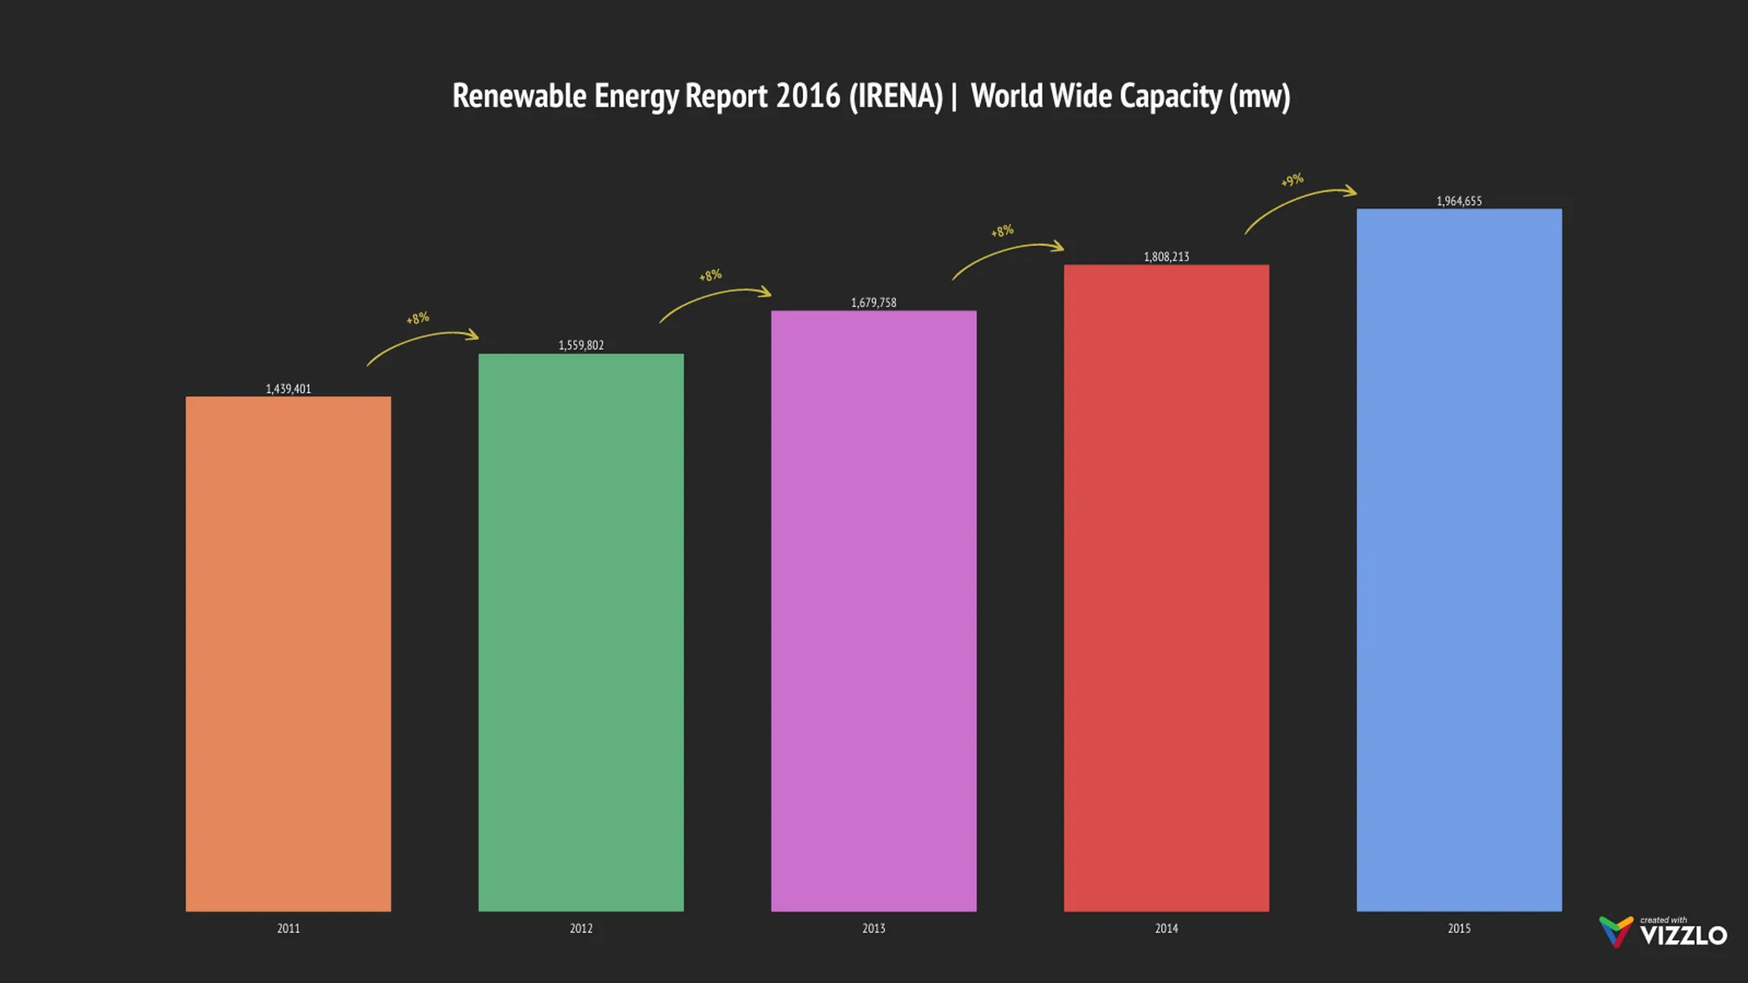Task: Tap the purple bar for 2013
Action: [874, 610]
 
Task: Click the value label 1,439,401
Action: [288, 389]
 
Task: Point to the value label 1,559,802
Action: [581, 346]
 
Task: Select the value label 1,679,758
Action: [874, 303]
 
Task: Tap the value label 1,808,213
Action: [1166, 257]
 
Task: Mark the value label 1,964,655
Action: [1459, 202]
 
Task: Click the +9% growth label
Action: [1292, 180]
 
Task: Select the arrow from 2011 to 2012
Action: [421, 342]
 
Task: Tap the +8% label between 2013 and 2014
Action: [1002, 232]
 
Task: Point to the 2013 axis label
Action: [874, 928]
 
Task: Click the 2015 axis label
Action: [1459, 928]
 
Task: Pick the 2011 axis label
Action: [288, 928]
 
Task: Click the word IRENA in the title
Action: [897, 97]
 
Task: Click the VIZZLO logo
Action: [1664, 932]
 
